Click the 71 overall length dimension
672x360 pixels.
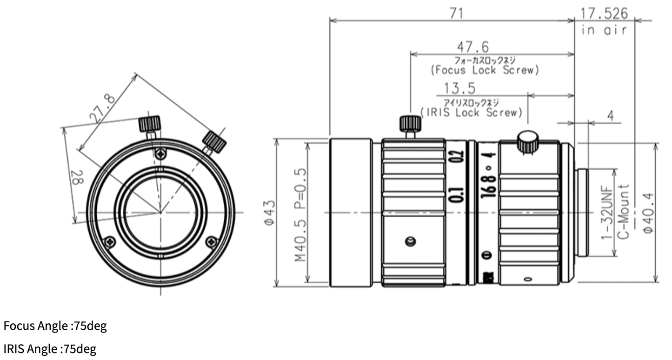click(x=456, y=13)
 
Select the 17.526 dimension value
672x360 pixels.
click(x=604, y=13)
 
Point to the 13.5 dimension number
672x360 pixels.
click(x=459, y=88)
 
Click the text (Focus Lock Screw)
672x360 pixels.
click(x=485, y=70)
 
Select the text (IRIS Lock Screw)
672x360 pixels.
click(x=471, y=113)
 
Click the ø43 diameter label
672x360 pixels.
click(x=269, y=212)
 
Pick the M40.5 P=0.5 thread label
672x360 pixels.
click(x=301, y=214)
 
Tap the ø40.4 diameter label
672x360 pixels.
click(x=648, y=213)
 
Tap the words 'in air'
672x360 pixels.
click(x=604, y=30)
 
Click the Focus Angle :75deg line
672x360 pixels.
click(x=55, y=326)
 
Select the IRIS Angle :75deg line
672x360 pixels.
click(x=50, y=349)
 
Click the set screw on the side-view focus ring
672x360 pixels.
click(x=410, y=241)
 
